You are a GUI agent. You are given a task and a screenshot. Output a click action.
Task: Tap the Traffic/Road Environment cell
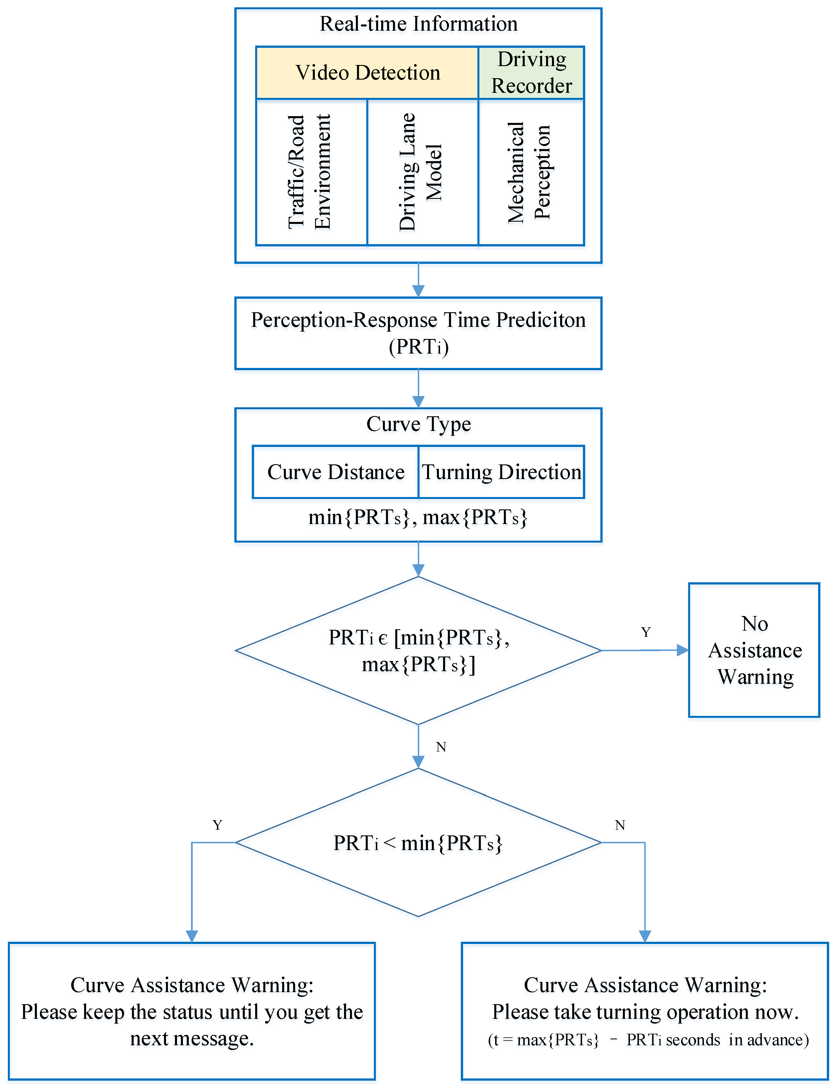[x=311, y=172]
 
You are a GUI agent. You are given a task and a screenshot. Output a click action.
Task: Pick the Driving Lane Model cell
[x=423, y=172]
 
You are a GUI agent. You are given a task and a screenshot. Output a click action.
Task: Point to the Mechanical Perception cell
[x=531, y=172]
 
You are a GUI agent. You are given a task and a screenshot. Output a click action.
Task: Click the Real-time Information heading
[x=419, y=24]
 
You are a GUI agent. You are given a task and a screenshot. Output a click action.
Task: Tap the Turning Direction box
[x=502, y=472]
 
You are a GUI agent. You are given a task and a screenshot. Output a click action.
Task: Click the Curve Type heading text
[x=419, y=424]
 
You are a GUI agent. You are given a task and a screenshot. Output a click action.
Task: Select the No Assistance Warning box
[x=754, y=650]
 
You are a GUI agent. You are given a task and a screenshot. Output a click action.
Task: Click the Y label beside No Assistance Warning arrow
[x=646, y=632]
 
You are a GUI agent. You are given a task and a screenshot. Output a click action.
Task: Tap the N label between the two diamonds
[x=441, y=747]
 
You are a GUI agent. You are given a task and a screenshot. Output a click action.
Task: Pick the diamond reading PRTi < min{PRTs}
[x=419, y=843]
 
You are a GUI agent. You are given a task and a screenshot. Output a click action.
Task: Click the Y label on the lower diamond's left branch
[x=217, y=825]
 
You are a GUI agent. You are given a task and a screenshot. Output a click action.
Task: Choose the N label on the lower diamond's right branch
[x=620, y=825]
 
